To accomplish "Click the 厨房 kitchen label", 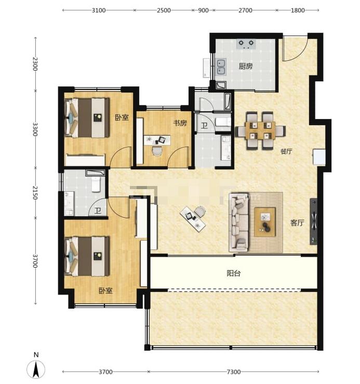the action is (x=246, y=66).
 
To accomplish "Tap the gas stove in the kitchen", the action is (x=246, y=44).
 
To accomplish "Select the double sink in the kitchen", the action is (x=221, y=67).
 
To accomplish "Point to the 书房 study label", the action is (x=180, y=123).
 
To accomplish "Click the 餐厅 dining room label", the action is (x=286, y=151).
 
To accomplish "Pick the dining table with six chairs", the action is (x=261, y=130).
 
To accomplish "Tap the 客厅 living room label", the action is (x=297, y=222).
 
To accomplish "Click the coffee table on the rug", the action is (x=265, y=222).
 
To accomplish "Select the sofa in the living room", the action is (x=239, y=222).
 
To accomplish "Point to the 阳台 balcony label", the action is (x=233, y=273).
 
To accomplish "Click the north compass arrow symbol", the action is (x=36, y=369).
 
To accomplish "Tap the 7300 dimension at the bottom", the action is (x=233, y=372).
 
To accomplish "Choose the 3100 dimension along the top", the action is (x=99, y=10).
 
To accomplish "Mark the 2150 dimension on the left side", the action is (x=35, y=193).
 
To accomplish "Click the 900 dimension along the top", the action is (x=203, y=10).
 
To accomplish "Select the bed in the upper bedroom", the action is (x=87, y=118).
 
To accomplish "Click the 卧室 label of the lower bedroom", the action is (x=105, y=290).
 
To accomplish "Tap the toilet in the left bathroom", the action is (x=96, y=184).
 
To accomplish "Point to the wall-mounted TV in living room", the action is (x=314, y=221).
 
